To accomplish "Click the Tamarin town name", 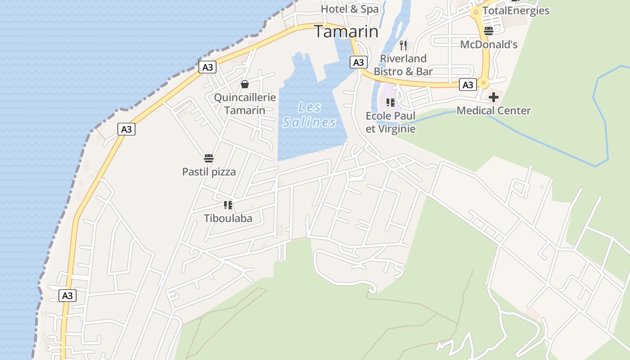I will [346, 31].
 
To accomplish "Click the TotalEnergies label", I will [516, 10].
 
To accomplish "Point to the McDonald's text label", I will [489, 44].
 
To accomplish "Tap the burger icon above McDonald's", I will [489, 31].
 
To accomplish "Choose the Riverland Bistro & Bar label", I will [403, 65].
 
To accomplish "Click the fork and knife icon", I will [403, 45].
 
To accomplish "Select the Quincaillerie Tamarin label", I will [245, 103].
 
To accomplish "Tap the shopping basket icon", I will [245, 84].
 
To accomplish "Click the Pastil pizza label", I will [209, 171].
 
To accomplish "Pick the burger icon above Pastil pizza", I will [209, 158].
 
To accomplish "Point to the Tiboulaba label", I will [228, 218].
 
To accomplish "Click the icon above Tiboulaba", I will [228, 205].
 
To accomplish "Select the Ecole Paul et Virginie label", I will [391, 122].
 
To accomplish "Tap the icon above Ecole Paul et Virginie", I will [390, 103].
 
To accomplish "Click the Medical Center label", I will [494, 110].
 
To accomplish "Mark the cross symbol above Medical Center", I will [494, 97].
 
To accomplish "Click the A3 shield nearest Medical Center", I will [468, 85].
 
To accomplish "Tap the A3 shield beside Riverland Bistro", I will [359, 62].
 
